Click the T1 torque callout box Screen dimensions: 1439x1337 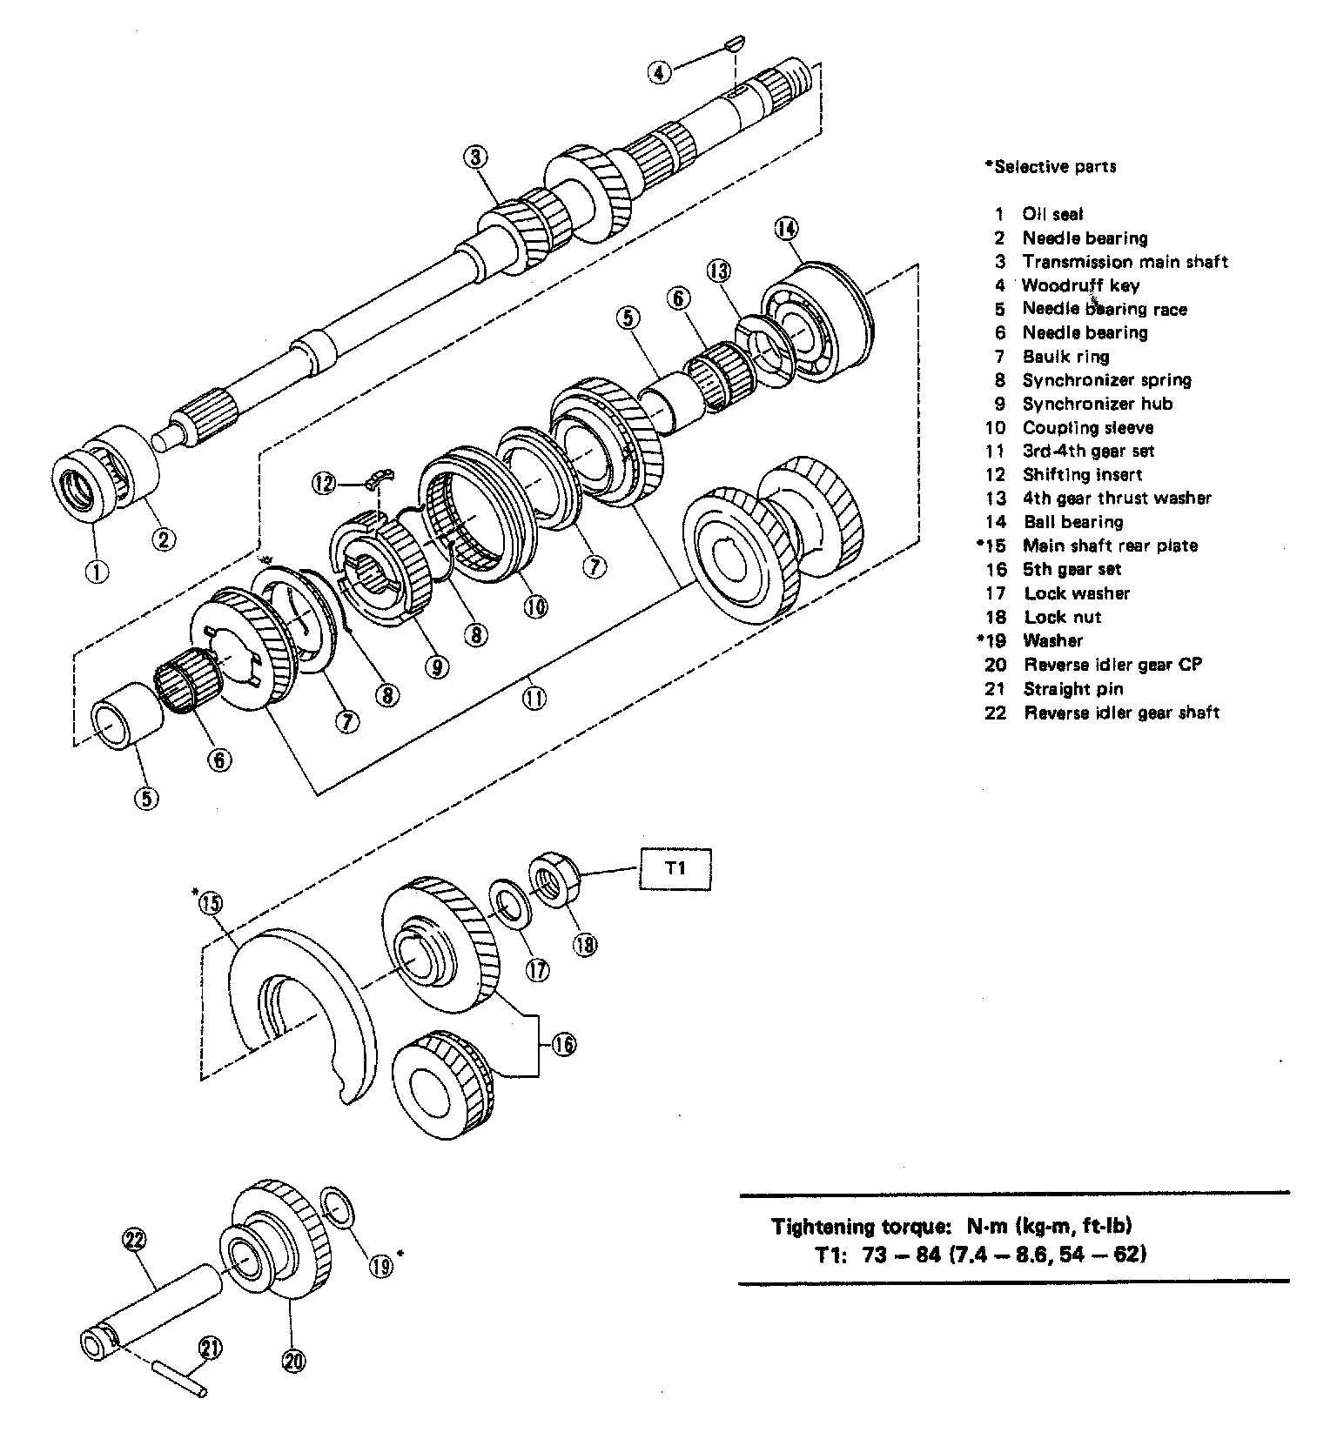point(675,868)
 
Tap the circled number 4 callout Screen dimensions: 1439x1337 point(660,72)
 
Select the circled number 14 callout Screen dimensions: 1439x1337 point(785,229)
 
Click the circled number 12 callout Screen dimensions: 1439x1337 point(324,482)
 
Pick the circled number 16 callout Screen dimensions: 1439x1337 point(563,1043)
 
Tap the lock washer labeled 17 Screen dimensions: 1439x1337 point(512,903)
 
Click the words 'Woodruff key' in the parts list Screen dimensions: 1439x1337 point(1080,285)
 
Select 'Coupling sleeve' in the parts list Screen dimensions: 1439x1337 point(1087,427)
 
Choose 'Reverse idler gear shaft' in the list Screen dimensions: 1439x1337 point(1121,713)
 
